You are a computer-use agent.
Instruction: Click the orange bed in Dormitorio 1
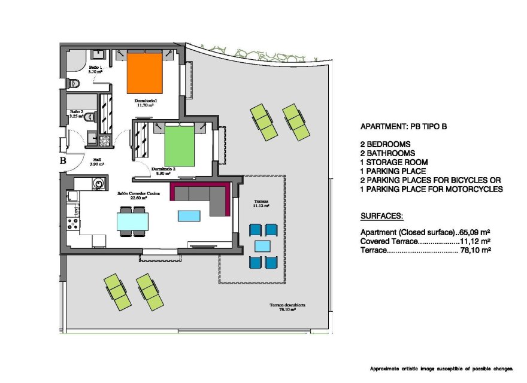(145, 74)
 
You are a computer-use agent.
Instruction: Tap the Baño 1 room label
(96, 69)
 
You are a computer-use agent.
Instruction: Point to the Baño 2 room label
(77, 113)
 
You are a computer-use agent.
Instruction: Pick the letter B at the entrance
(62, 160)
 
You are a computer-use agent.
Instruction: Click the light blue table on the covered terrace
(262, 245)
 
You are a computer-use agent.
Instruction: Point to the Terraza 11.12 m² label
(261, 203)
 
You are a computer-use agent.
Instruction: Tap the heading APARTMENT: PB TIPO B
(403, 127)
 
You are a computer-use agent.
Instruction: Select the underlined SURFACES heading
(381, 215)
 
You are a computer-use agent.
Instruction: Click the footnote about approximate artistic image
(441, 368)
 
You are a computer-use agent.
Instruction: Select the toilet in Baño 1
(74, 83)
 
